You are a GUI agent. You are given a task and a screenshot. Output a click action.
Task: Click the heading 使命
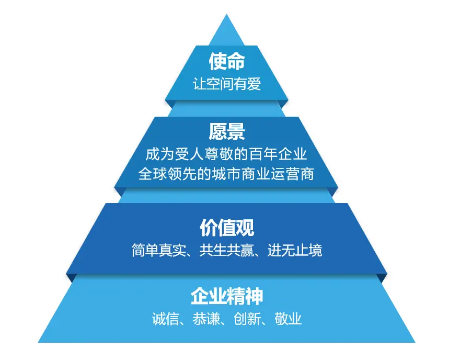tap(226, 62)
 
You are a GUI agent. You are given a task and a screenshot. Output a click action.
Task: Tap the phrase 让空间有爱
tap(226, 84)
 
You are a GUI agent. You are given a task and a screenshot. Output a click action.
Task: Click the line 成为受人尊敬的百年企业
tap(226, 154)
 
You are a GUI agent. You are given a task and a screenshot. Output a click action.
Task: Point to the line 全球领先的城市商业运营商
tap(226, 174)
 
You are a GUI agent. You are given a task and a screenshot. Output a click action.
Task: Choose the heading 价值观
tap(226, 228)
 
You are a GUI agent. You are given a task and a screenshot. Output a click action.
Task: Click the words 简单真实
tap(157, 250)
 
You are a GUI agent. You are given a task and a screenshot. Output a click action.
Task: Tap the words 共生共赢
tap(226, 250)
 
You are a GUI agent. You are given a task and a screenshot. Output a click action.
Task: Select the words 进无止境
tap(295, 250)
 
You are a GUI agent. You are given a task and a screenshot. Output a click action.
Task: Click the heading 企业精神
tap(226, 297)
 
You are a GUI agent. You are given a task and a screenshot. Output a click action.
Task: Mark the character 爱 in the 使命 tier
tap(254, 84)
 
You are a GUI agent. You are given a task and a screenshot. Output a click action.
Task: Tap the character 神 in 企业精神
tap(254, 297)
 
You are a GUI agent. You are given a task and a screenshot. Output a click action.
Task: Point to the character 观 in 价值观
tap(244, 228)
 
